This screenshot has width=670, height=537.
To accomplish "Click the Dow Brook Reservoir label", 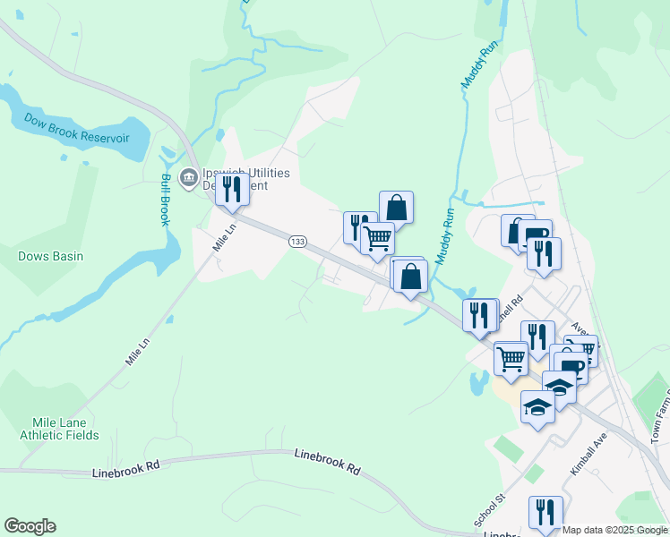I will click(77, 128).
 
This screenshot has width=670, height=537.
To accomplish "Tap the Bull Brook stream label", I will click(165, 200).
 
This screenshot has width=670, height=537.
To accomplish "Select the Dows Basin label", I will click(51, 256).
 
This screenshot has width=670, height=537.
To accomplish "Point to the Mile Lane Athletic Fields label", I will click(60, 429).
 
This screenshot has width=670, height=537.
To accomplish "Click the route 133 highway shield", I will click(298, 242).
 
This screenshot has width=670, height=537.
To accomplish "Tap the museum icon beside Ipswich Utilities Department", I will click(189, 177).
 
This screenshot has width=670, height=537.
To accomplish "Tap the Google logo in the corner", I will click(30, 526).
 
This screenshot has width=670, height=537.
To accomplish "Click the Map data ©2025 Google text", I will click(614, 530).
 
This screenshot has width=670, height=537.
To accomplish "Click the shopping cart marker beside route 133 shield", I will click(378, 238).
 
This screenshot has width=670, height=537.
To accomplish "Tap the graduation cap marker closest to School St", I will click(537, 407).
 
